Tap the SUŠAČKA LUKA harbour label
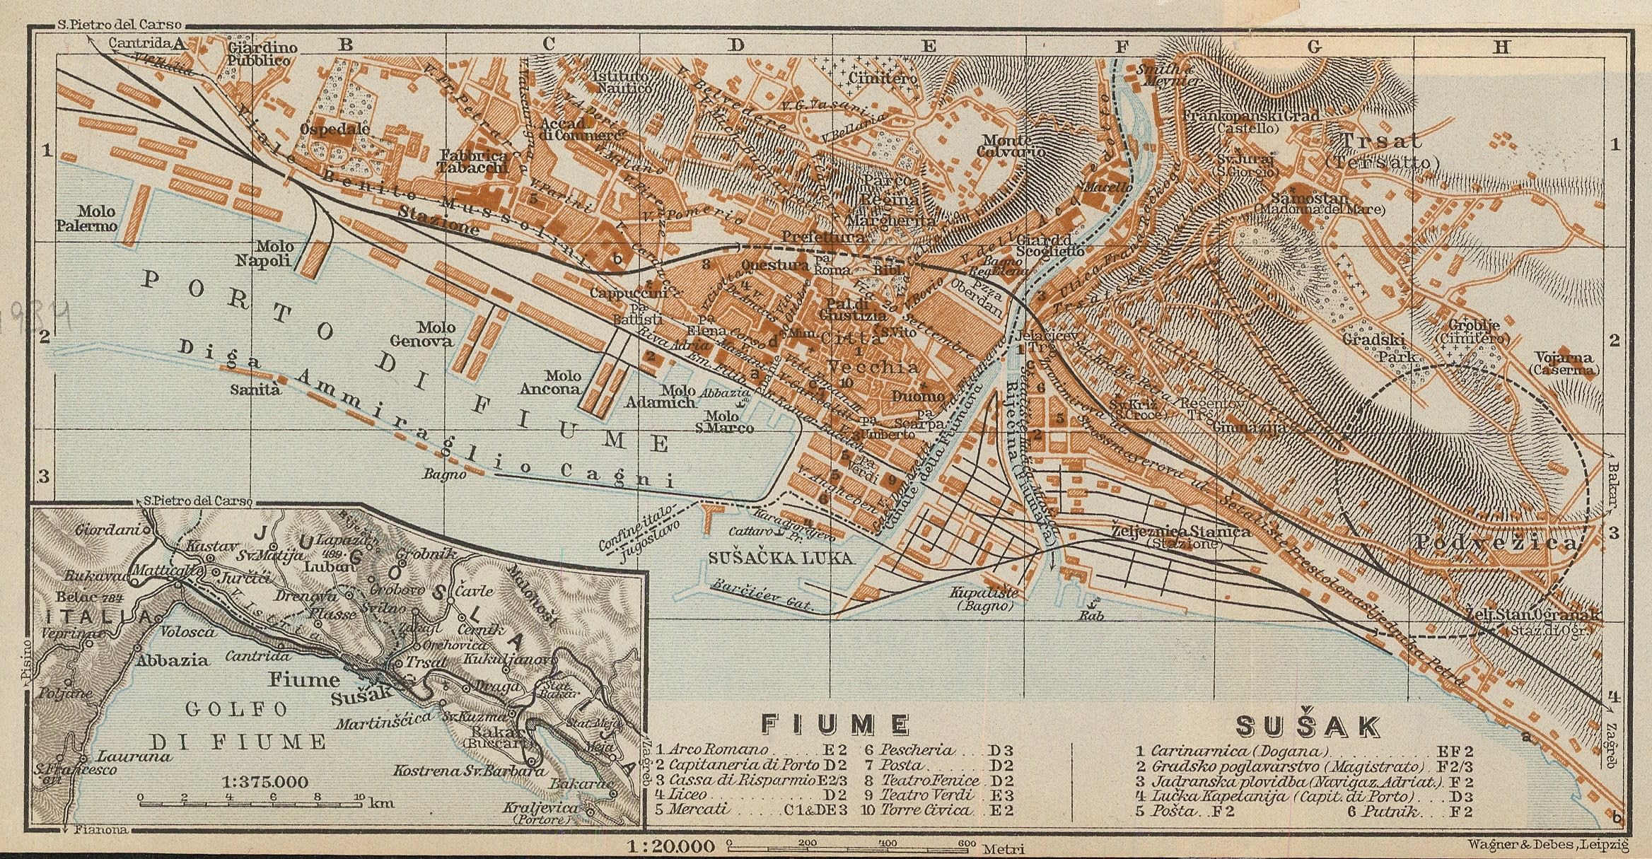point(780,558)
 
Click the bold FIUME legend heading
point(834,724)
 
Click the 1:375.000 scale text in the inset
point(264,783)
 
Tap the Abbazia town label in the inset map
point(173,661)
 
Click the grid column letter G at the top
point(1313,47)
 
